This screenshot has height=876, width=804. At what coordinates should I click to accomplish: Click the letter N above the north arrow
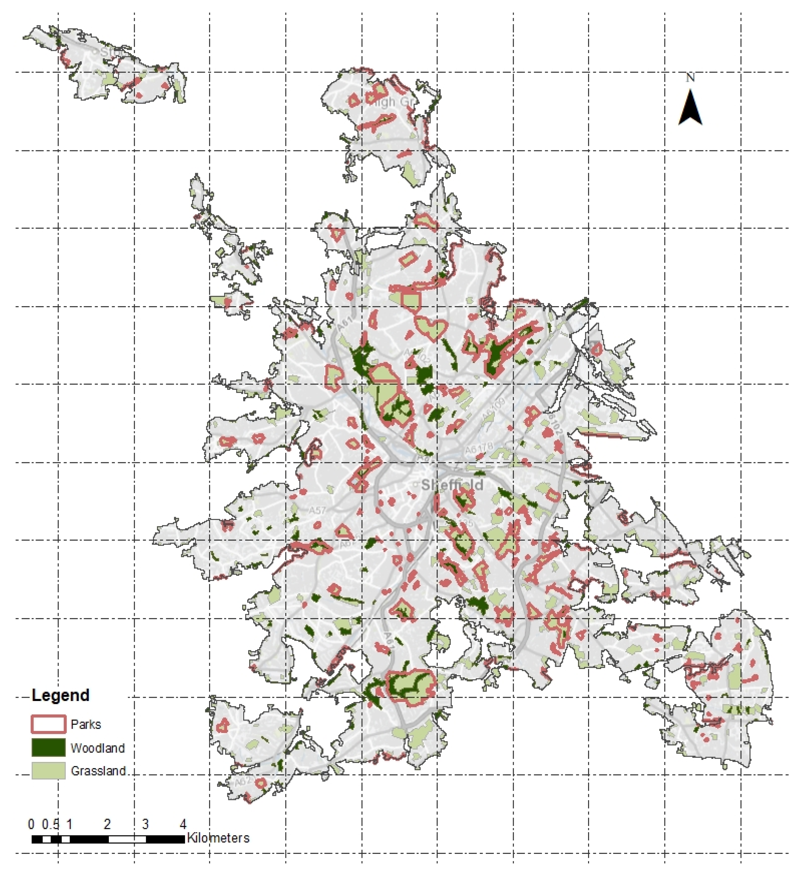click(690, 78)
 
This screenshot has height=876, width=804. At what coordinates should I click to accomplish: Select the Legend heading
click(60, 695)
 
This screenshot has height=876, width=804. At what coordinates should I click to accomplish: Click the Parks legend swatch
click(48, 724)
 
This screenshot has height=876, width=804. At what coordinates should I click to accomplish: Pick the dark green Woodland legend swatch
click(48, 748)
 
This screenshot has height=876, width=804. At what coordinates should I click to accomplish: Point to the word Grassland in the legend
click(98, 771)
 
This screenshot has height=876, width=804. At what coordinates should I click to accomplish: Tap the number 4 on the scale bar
click(183, 824)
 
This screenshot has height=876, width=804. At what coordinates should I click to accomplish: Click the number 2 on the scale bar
click(107, 824)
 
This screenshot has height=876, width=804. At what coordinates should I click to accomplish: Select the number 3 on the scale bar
click(145, 824)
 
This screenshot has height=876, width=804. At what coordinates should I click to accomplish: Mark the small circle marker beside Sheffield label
click(416, 484)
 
